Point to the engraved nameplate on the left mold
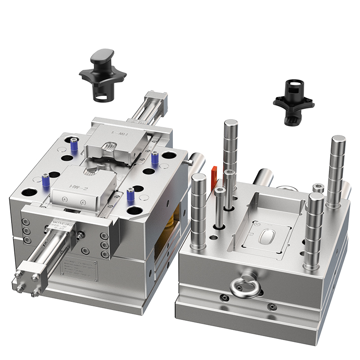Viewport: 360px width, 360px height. tap(78, 270)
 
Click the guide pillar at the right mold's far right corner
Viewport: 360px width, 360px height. tap(337, 171)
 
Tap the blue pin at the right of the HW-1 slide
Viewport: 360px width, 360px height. tap(155, 157)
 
